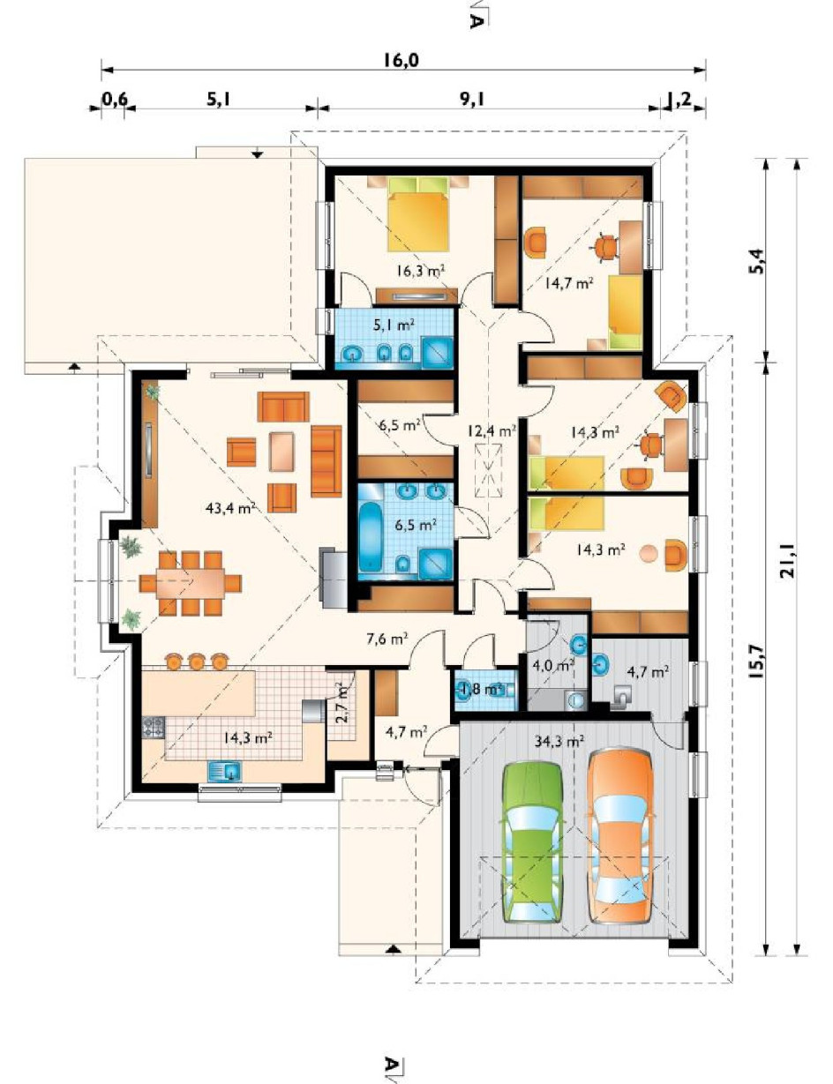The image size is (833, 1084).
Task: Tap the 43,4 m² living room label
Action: click(230, 508)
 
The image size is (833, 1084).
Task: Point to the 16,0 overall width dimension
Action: click(401, 60)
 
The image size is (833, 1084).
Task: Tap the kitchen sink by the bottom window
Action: click(225, 771)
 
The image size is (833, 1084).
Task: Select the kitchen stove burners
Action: click(154, 728)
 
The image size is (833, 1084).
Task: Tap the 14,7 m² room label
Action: click(568, 283)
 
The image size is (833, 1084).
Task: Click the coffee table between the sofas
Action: click(282, 452)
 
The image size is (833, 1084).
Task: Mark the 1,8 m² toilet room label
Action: click(481, 690)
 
